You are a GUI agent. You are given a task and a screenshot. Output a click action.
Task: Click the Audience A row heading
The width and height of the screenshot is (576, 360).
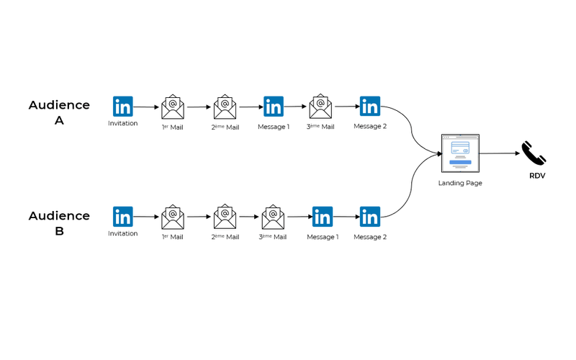coord(59,112)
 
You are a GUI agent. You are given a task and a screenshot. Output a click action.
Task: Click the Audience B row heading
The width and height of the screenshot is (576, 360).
coord(59,223)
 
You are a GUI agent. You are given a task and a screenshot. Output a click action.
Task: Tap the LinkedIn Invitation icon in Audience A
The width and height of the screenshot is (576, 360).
coord(122,107)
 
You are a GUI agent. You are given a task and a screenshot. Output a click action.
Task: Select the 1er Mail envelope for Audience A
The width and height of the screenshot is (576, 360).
coord(173,107)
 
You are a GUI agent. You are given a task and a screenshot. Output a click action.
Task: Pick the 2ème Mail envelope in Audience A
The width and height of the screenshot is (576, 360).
coord(225,107)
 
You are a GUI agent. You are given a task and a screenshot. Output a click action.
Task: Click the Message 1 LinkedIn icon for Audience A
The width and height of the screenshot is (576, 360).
coord(274,107)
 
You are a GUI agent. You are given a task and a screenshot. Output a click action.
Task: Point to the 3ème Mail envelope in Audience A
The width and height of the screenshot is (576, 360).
coord(320,106)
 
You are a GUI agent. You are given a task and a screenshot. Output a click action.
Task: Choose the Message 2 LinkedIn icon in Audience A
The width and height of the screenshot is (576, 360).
coord(370,106)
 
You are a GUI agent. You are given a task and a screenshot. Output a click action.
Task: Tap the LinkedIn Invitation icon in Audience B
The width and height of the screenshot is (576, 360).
coord(122,217)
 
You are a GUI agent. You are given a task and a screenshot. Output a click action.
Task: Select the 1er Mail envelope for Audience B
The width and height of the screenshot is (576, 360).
coord(173,217)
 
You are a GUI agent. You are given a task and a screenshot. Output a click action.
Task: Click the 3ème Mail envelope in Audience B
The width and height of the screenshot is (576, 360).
coord(273,217)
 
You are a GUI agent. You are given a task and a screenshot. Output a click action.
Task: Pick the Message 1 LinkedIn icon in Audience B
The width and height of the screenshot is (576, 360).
coord(323,217)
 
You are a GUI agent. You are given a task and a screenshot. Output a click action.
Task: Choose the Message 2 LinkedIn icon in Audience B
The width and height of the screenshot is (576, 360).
coord(370,217)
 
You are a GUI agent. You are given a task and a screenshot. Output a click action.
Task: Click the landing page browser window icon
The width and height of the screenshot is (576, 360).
coord(460,153)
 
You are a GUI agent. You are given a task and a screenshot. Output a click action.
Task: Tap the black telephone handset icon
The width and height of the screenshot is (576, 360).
coord(534,153)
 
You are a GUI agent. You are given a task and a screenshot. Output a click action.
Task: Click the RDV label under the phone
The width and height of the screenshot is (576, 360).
coord(537,176)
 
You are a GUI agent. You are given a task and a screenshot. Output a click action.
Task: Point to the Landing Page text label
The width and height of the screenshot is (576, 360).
coord(460,183)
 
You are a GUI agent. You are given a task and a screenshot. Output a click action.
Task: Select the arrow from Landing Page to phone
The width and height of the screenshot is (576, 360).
coord(500,153)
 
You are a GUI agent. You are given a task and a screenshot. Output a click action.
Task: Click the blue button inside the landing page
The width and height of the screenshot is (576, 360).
coord(460,162)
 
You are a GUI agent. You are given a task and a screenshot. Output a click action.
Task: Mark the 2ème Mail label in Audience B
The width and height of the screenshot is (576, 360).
coord(225,237)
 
